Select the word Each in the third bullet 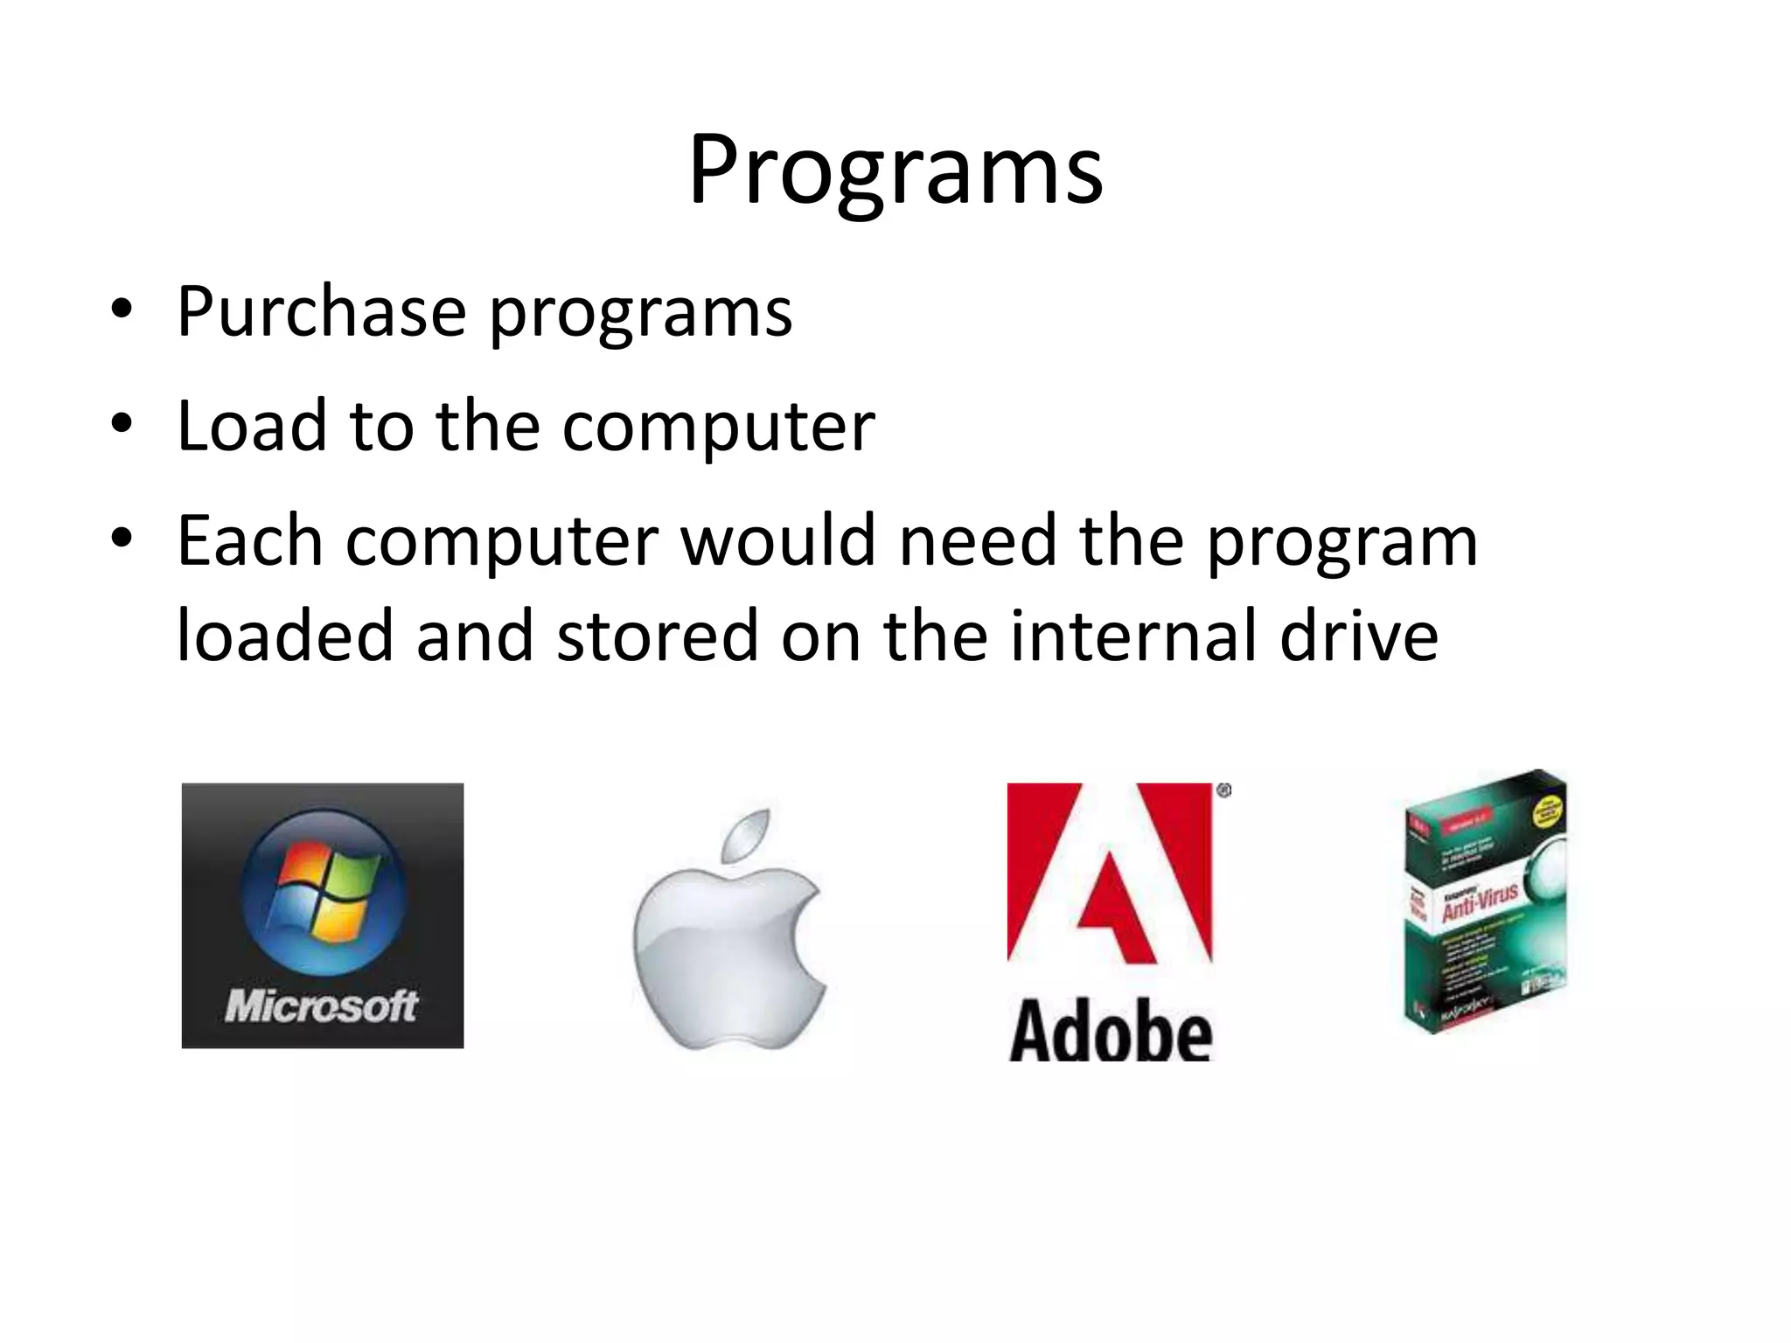[x=250, y=540]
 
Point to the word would [x=778, y=540]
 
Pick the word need [x=978, y=540]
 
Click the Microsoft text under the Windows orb [x=322, y=1006]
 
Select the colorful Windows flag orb [x=324, y=892]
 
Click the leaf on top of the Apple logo [x=749, y=834]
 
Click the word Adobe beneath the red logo [x=1111, y=1032]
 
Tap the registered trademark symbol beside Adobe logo [x=1223, y=791]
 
